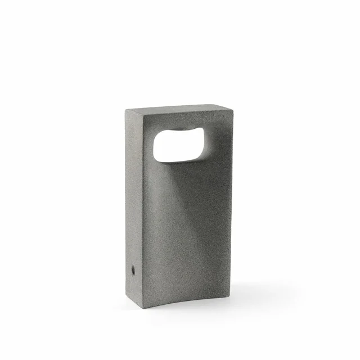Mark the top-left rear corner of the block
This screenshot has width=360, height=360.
[x=126, y=109]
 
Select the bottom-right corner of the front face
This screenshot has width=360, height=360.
[x=231, y=292]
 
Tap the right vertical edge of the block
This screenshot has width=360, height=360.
[x=231, y=202]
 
